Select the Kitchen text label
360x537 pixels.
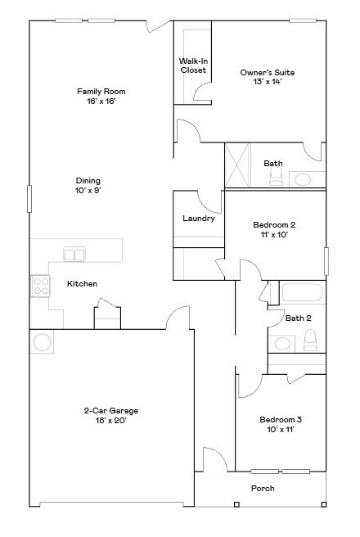pyautogui.click(x=82, y=284)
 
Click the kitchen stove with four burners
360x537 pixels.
pyautogui.click(x=40, y=285)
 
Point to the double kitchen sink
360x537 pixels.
pyautogui.click(x=74, y=255)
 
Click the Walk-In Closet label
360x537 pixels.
pyautogui.click(x=193, y=65)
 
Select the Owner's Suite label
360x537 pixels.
pyautogui.click(x=267, y=73)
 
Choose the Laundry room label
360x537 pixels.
pyautogui.click(x=198, y=219)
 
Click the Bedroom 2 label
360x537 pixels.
pyautogui.click(x=274, y=224)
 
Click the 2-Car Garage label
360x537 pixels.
pyautogui.click(x=109, y=410)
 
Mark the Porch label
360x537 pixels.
pyautogui.click(x=263, y=489)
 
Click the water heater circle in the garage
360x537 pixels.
pyautogui.click(x=43, y=341)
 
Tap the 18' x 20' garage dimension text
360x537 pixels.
pyautogui.click(x=109, y=421)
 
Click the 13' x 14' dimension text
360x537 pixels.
pyautogui.click(x=267, y=82)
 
